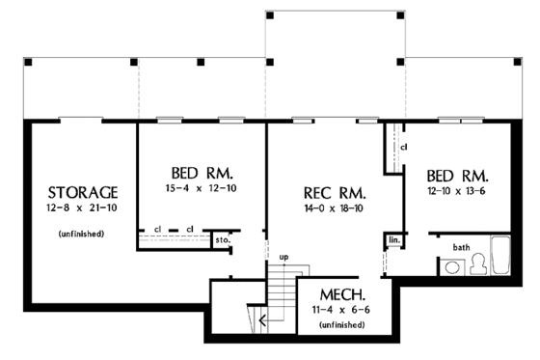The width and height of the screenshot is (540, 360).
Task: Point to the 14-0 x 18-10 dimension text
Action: point(331,207)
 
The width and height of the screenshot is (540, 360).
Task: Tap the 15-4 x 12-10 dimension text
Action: point(202,189)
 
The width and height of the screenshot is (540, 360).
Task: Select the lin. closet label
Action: point(394,238)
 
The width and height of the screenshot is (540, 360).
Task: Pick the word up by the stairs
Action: point(283,258)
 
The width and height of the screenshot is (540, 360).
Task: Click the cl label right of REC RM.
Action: point(404,147)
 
